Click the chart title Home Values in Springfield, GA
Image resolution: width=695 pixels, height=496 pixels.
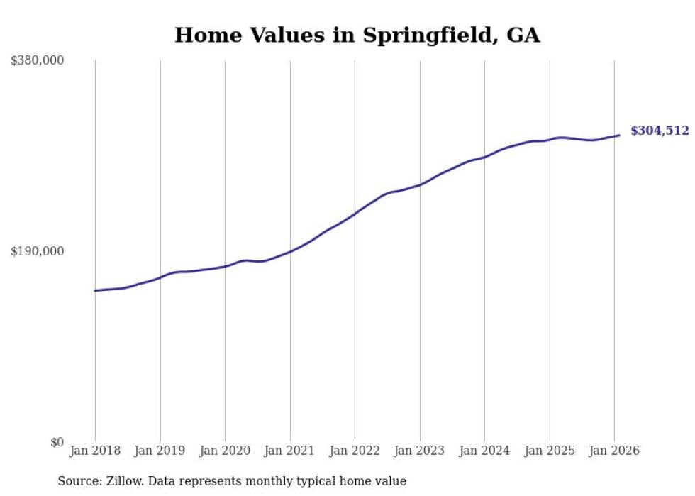click(357, 35)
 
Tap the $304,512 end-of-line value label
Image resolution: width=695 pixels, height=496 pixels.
click(660, 131)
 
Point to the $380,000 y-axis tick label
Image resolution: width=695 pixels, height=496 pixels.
click(38, 61)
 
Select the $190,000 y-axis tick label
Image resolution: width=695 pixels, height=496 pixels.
click(38, 251)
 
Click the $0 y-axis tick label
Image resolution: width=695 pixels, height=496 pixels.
click(57, 443)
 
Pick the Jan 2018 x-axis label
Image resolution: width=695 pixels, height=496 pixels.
click(95, 451)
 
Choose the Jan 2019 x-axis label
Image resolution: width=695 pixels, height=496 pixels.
click(160, 451)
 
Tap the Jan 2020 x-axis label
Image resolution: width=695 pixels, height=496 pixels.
click(225, 451)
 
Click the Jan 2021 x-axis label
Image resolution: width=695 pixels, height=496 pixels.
click(289, 451)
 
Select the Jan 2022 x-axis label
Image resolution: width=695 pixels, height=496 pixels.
click(355, 451)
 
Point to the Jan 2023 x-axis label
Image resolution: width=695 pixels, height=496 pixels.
click(419, 451)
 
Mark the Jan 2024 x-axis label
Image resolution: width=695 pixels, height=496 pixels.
click(484, 451)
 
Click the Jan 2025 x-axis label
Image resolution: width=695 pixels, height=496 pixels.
click(549, 451)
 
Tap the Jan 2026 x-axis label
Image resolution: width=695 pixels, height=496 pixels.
click(614, 451)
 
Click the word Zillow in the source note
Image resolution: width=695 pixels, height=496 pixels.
click(123, 482)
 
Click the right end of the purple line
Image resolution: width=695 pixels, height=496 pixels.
click(619, 135)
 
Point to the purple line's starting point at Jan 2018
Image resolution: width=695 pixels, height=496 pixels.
click(95, 290)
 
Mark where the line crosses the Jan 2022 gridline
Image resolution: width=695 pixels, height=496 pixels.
click(355, 214)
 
